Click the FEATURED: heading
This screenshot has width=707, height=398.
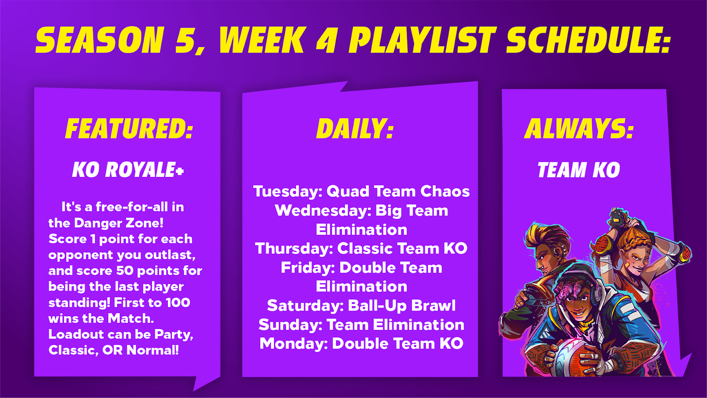tap(129, 129)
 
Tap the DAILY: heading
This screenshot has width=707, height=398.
tap(355, 129)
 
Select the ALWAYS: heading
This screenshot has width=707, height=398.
tap(579, 129)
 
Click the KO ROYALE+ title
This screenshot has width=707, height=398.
tap(128, 170)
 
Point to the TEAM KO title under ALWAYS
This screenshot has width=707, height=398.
tap(578, 170)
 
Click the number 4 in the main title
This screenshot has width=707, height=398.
tap(327, 40)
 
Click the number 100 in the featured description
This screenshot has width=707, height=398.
tap(178, 302)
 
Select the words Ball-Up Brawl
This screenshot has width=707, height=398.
tap(402, 306)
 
